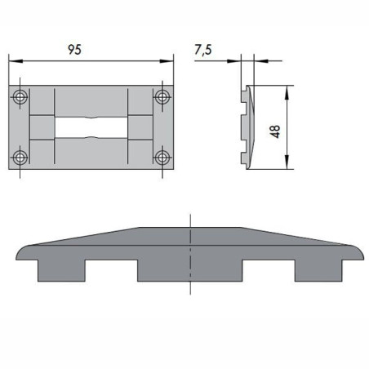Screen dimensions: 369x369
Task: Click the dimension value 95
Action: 74,49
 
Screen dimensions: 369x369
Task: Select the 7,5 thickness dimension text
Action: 203,50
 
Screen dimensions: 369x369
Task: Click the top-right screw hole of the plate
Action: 162,96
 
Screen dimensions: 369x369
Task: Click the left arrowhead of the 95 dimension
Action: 13,60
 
